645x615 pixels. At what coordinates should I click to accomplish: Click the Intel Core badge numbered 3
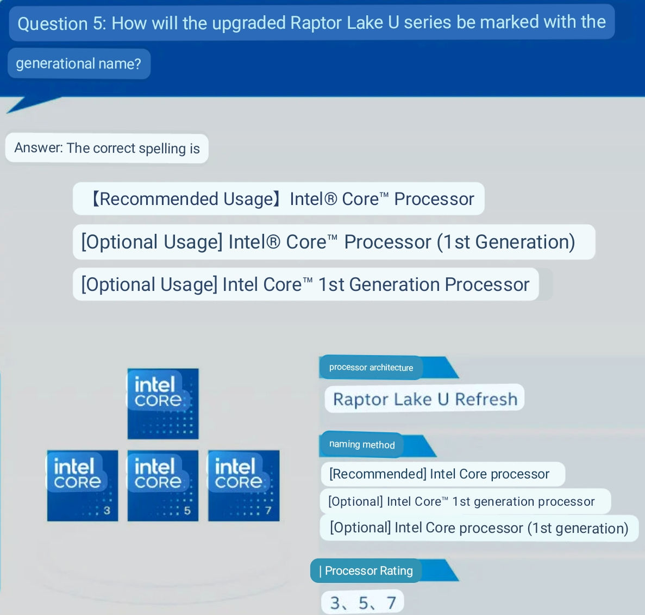pyautogui.click(x=83, y=486)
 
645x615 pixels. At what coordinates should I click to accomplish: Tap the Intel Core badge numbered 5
pyautogui.click(x=163, y=486)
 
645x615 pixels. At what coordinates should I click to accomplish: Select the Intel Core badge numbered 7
pyautogui.click(x=243, y=486)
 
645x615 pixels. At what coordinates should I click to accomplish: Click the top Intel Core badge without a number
pyautogui.click(x=163, y=403)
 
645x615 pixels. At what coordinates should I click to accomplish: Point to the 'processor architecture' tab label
pyautogui.click(x=371, y=368)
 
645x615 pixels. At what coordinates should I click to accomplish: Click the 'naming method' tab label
pyautogui.click(x=362, y=444)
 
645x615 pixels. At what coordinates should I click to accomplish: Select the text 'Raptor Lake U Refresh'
pyautogui.click(x=425, y=399)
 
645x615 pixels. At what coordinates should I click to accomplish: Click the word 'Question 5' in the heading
pyautogui.click(x=60, y=24)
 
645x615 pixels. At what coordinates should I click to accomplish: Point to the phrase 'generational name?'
pyautogui.click(x=78, y=64)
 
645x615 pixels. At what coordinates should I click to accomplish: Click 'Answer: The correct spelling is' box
pyautogui.click(x=107, y=148)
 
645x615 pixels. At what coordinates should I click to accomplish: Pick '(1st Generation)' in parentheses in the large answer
pyautogui.click(x=506, y=242)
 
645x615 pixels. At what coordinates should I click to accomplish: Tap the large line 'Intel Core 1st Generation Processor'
pyautogui.click(x=305, y=284)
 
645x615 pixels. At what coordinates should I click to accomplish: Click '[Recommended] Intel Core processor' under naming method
pyautogui.click(x=439, y=474)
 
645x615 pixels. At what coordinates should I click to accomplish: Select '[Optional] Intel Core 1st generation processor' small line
pyautogui.click(x=461, y=501)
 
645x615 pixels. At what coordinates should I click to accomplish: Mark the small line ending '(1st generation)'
pyautogui.click(x=479, y=528)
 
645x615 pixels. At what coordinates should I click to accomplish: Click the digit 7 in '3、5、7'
pyautogui.click(x=391, y=602)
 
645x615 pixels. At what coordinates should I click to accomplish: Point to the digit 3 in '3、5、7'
pyautogui.click(x=335, y=602)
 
